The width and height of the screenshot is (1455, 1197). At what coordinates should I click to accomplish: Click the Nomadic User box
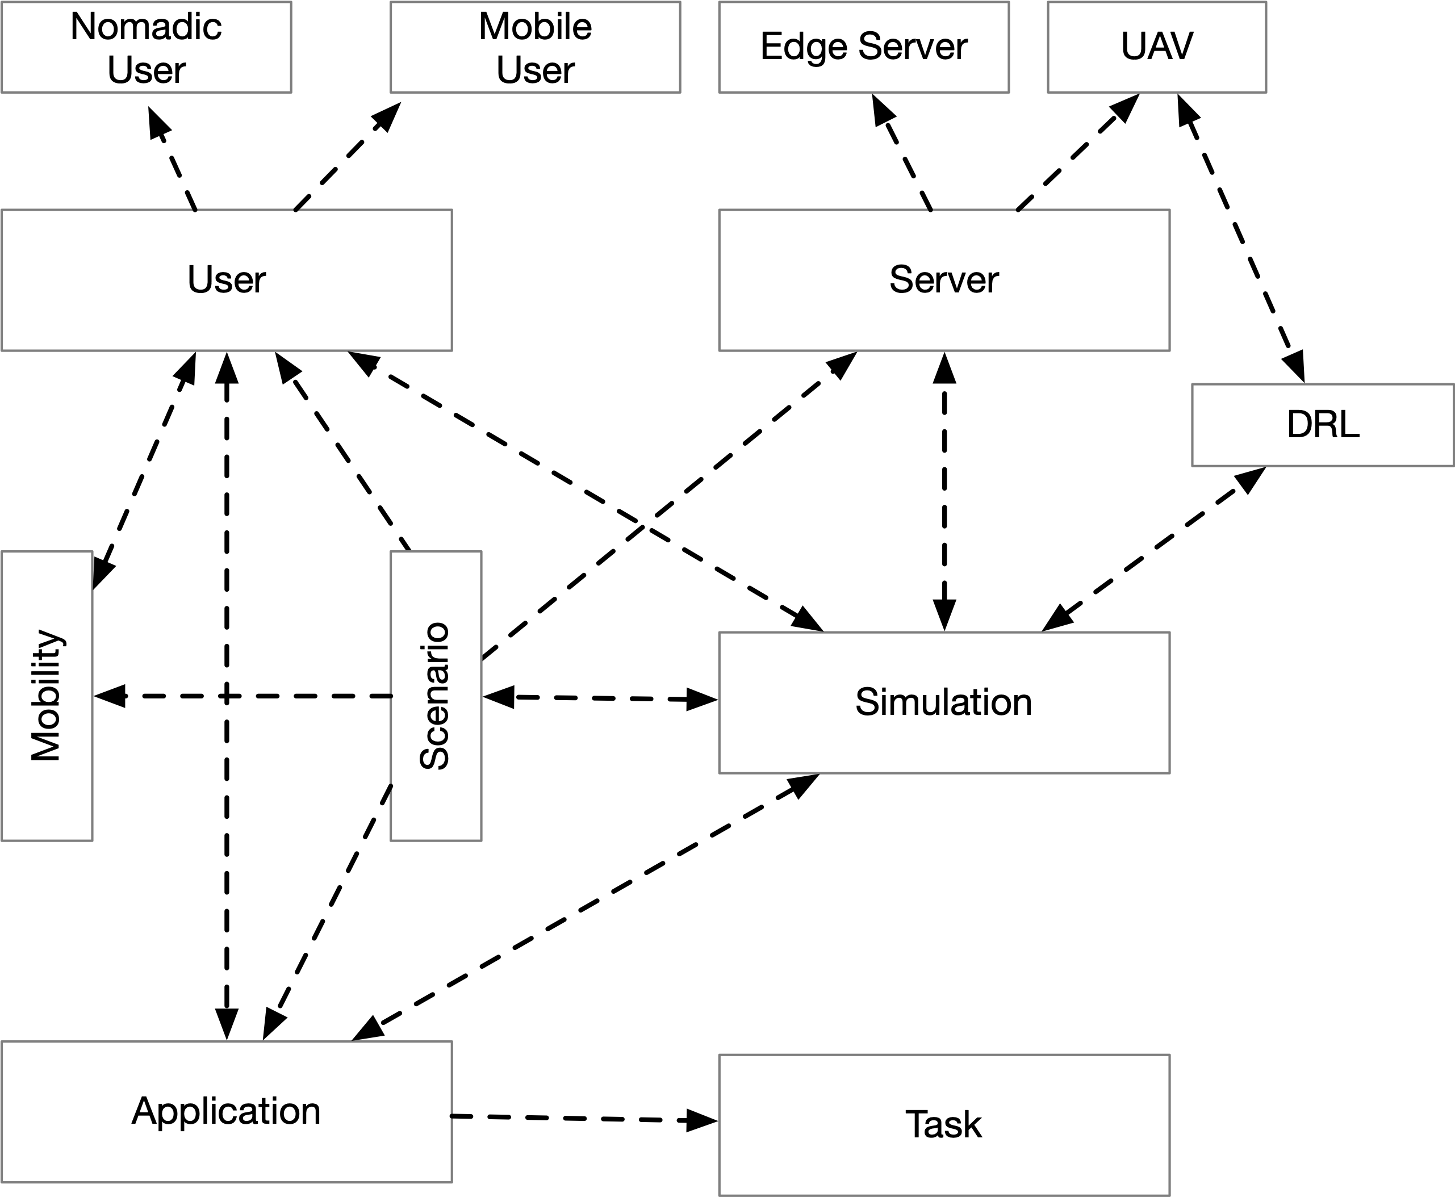click(x=146, y=47)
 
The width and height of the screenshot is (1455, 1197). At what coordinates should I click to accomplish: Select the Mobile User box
click(x=535, y=47)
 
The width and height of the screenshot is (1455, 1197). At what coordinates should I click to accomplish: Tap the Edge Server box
click(x=864, y=47)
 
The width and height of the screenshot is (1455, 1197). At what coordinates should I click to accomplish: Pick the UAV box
click(x=1157, y=47)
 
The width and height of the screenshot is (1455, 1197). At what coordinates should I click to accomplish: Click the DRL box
click(x=1323, y=425)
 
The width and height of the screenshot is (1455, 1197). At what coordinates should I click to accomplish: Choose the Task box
click(x=944, y=1124)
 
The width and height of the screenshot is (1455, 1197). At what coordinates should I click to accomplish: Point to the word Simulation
click(x=943, y=702)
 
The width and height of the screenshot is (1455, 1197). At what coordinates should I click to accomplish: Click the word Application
click(x=226, y=1111)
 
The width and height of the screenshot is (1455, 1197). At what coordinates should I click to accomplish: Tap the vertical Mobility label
click(x=47, y=696)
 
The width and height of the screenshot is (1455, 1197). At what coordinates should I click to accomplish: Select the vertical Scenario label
click(x=435, y=696)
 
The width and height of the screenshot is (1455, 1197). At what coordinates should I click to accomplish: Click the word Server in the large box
click(x=944, y=279)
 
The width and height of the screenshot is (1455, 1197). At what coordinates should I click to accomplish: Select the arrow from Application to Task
click(x=584, y=1119)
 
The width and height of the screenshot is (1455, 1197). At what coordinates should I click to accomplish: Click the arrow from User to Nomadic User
click(x=173, y=158)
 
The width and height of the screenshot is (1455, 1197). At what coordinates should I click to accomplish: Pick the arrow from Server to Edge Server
click(x=902, y=152)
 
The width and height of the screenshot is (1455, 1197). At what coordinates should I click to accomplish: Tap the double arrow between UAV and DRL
click(x=1240, y=238)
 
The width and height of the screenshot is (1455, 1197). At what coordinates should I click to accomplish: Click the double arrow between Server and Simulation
click(x=944, y=492)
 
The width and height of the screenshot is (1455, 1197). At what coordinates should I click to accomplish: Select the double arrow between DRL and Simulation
click(x=1153, y=550)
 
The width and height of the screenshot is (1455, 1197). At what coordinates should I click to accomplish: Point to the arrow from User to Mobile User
click(x=348, y=157)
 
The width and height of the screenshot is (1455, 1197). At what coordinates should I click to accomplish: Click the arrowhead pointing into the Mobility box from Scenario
click(x=110, y=696)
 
